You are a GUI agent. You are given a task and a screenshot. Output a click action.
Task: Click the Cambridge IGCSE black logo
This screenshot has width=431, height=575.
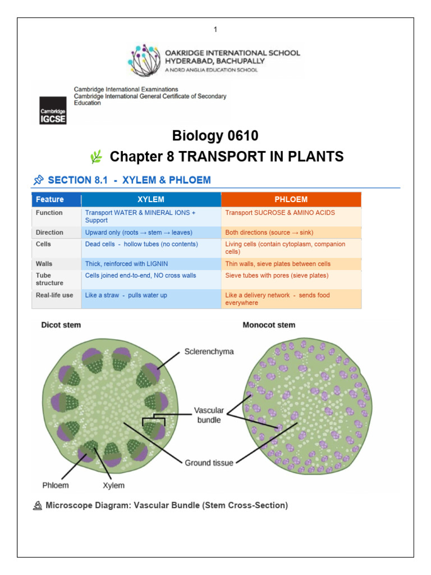53,111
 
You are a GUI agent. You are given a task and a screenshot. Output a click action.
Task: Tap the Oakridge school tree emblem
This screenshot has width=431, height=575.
144,60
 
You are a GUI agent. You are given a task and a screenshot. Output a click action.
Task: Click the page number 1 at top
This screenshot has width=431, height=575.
215,29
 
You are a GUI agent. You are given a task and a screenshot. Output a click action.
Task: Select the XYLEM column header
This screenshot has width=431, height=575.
151,199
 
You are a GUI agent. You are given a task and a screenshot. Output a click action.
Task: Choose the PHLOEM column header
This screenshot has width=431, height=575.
291,199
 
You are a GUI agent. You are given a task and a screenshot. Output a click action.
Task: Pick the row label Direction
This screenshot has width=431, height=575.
49,232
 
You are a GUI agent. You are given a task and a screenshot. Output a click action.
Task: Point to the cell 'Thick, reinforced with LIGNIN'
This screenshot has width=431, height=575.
126,264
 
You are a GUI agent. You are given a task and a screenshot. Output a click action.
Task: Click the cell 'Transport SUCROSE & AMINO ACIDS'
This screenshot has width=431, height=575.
280,213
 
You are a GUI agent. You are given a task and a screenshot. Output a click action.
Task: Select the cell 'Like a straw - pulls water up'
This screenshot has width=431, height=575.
126,295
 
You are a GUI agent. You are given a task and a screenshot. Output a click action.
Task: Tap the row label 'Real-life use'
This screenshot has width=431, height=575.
54,295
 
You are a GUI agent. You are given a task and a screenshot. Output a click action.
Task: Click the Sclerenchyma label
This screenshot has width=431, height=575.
209,352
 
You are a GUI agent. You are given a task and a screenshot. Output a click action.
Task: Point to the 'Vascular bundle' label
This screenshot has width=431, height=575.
209,415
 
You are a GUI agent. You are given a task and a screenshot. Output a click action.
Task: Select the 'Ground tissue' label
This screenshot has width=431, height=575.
209,463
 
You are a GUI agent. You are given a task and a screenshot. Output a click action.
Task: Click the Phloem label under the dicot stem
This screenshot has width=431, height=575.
56,485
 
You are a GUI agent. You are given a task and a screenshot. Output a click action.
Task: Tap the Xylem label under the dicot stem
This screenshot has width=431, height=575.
113,486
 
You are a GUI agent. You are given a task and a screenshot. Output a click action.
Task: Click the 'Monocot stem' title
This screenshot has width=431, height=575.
269,325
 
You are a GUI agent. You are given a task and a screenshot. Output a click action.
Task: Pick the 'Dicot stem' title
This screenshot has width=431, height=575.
61,325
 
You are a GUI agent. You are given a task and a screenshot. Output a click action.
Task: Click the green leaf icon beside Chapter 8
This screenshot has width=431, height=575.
97,157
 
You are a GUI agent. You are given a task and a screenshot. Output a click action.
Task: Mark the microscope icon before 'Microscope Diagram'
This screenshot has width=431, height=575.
38,506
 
